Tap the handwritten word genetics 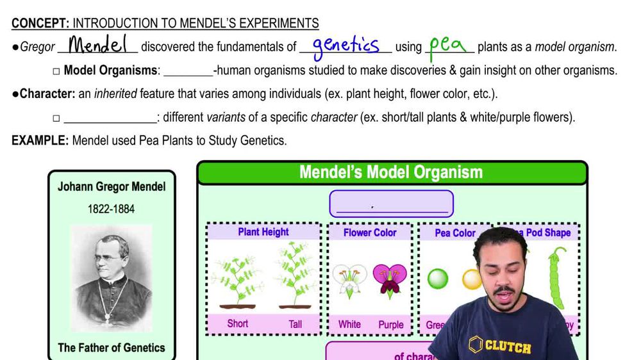345,46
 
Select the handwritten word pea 447,45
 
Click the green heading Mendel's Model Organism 391,172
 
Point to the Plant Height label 263,232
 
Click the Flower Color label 370,233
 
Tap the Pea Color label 455,233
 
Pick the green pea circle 438,279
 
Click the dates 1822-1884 112,209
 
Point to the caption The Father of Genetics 112,348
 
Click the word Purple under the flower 391,324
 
